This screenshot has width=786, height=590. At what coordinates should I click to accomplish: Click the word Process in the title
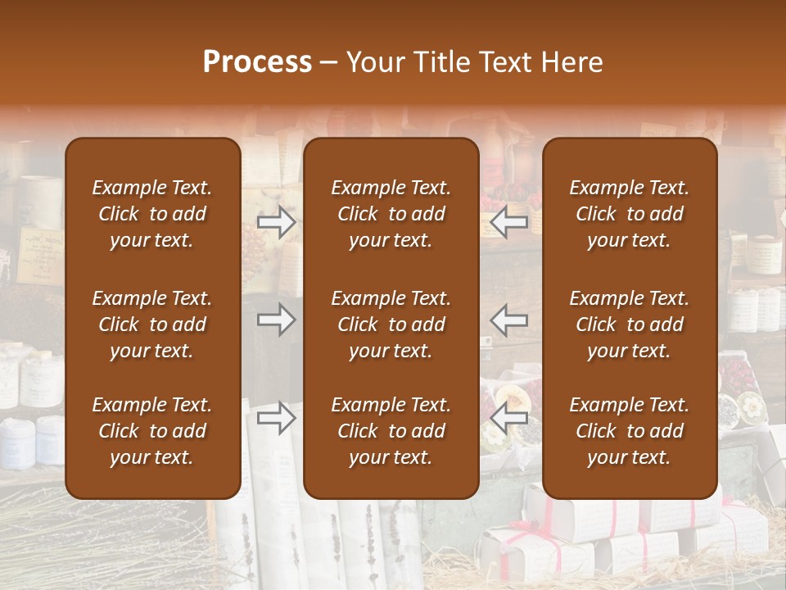pos(257,61)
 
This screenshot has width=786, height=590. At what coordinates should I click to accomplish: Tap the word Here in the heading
pos(572,61)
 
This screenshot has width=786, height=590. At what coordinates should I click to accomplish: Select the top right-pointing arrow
pos(277,222)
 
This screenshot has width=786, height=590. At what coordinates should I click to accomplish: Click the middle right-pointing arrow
pos(277,320)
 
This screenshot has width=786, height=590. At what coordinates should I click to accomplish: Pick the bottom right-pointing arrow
pos(277,418)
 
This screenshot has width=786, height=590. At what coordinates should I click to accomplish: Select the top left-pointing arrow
pos(509,222)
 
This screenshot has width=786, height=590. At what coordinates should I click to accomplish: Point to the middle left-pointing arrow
pos(509,320)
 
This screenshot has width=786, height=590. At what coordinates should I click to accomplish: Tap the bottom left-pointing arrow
pos(509,418)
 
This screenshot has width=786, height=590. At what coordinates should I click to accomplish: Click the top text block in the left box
pos(152,214)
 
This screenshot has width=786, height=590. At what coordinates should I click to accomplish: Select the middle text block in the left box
pos(152,324)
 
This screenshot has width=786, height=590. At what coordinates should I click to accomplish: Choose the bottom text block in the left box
pos(152,431)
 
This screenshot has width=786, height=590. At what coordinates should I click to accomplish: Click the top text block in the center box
pos(391,214)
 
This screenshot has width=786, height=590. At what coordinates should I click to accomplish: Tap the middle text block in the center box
pos(391,324)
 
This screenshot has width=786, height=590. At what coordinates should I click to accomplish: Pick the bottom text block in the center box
pos(391,431)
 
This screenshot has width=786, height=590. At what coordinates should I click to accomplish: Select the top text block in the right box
pos(630,214)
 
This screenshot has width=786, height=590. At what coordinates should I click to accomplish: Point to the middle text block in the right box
pos(630,324)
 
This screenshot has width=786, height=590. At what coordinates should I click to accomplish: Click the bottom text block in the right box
pos(630,431)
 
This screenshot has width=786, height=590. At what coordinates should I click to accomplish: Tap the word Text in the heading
pos(505,61)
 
